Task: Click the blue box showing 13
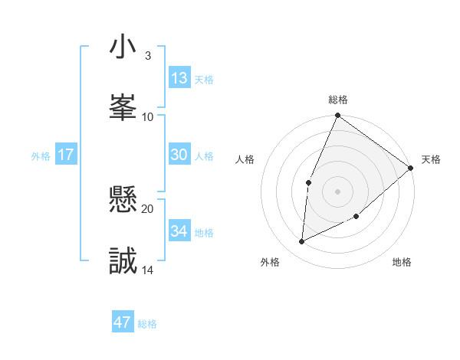[179, 78]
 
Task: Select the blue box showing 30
[179, 155]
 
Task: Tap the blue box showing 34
[179, 231]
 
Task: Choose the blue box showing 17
[66, 155]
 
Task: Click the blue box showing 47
[123, 322]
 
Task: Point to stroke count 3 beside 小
[148, 56]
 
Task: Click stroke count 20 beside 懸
[148, 208]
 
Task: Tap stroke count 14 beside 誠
[148, 270]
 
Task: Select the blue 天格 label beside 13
[204, 80]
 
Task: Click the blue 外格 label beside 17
[41, 156]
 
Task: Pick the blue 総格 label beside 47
[147, 324]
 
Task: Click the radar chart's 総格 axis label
[338, 100]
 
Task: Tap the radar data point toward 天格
[411, 168]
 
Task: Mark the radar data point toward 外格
[302, 242]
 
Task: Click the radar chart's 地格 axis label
[402, 263]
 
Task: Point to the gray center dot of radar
[337, 191]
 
